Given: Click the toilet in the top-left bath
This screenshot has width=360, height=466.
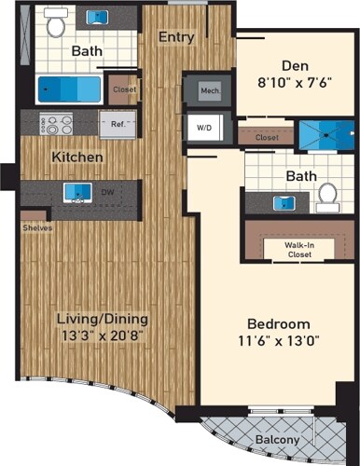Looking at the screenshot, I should tap(55, 24).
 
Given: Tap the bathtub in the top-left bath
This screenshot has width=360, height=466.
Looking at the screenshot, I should tap(71, 90).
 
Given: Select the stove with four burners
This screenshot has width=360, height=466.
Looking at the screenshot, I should tap(48, 124).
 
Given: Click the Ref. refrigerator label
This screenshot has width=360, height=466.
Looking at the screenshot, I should tap(118, 123).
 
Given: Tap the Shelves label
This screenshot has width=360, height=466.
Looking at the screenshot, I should tap(37, 226).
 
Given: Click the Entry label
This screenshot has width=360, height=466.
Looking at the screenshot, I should tap(175, 37).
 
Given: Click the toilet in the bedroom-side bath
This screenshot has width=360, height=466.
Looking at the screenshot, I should tap(325, 195).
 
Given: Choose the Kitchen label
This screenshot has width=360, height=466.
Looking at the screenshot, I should tap(77, 157).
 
